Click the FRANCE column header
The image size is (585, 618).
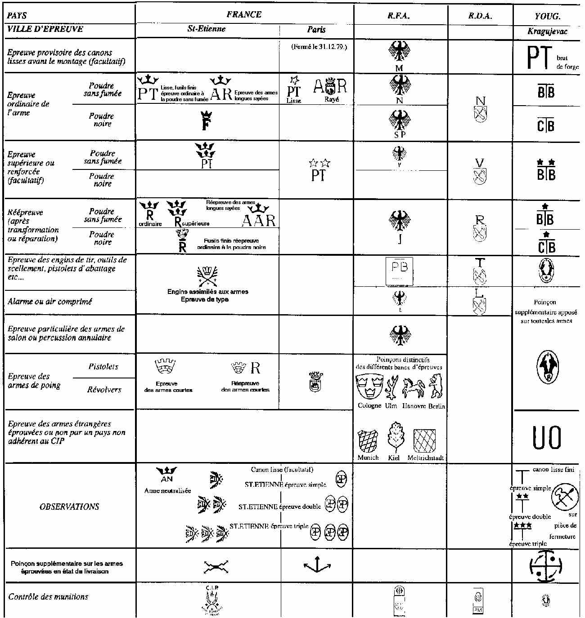click(x=244, y=14)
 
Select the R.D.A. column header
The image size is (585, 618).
click(x=480, y=16)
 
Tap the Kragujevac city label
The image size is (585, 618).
click(x=547, y=31)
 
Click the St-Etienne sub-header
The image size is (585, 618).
click(x=207, y=29)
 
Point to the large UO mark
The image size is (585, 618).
click(x=546, y=437)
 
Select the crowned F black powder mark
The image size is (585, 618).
click(x=206, y=120)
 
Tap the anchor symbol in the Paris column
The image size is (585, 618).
click(x=318, y=565)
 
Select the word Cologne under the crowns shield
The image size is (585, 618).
click(x=369, y=406)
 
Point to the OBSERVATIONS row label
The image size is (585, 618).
click(x=69, y=507)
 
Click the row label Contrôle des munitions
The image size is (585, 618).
click(x=48, y=597)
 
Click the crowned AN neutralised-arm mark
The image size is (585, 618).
click(x=166, y=475)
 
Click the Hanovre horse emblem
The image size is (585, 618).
click(x=413, y=387)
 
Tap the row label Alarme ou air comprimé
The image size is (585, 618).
click(x=49, y=302)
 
